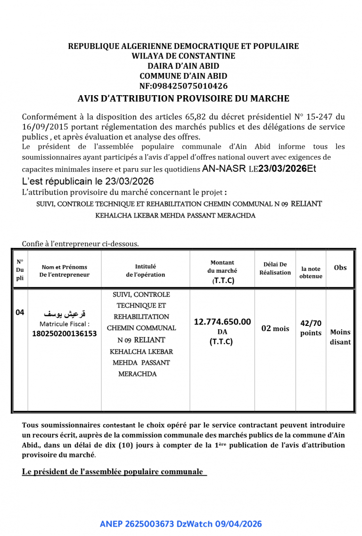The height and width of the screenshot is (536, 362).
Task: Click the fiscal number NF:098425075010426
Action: click(x=183, y=86)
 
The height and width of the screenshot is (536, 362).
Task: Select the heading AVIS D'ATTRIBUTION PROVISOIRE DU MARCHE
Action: click(x=183, y=98)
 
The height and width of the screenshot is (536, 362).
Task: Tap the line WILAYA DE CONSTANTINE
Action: click(x=183, y=56)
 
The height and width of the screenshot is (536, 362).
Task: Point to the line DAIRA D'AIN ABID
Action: click(x=183, y=66)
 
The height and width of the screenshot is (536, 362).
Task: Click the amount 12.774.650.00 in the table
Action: click(x=222, y=322)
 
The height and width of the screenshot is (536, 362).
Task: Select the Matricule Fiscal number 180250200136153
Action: click(x=64, y=333)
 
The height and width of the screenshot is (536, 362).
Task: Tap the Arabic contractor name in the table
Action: click(x=65, y=314)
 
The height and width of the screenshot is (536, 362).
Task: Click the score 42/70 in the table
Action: click(x=311, y=323)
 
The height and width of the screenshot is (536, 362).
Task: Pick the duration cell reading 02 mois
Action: click(x=275, y=328)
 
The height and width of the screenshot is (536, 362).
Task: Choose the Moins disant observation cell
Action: click(x=340, y=337)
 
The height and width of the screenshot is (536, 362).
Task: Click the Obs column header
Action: click(x=340, y=268)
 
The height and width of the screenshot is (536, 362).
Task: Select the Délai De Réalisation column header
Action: click(x=275, y=268)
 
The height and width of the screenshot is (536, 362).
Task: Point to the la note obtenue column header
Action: click(x=311, y=272)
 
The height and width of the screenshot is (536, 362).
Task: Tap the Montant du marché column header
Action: click(x=222, y=271)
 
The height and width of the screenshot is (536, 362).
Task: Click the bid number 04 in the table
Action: click(x=20, y=312)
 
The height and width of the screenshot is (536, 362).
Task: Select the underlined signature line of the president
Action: click(x=114, y=471)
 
